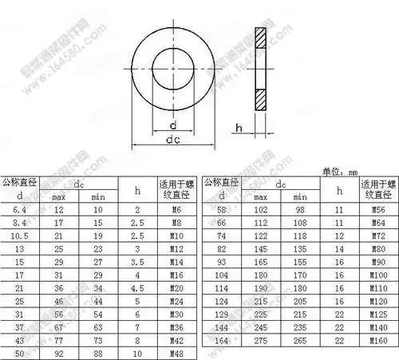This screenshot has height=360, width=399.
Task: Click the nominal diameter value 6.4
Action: pyautogui.click(x=20, y=209)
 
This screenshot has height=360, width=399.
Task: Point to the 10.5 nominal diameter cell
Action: pyautogui.click(x=20, y=235)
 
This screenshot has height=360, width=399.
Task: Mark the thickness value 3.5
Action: pyautogui.click(x=137, y=260)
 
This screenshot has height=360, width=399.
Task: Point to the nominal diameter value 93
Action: pyautogui.click(x=221, y=260)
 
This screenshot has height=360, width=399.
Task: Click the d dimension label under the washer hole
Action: pyautogui.click(x=172, y=124)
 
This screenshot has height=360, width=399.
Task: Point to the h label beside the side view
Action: pyautogui.click(x=239, y=127)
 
